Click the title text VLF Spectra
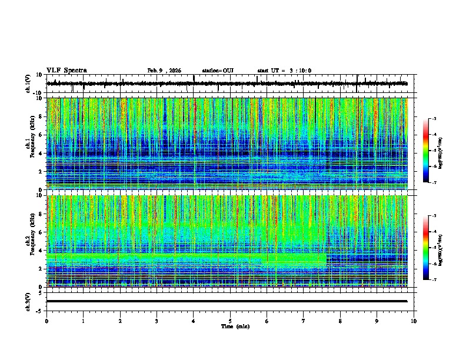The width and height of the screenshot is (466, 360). pos(66,71)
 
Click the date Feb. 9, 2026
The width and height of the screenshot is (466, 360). pos(164,71)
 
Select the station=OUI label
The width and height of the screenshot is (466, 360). pos(218,71)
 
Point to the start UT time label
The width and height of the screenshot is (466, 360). pos(284,71)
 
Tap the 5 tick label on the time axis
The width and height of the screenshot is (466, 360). pos(230,321)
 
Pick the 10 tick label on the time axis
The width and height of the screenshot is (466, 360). pos(414,321)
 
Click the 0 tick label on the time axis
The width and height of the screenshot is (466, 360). pos(46,321)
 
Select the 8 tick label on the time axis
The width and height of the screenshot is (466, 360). pos(340,321)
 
